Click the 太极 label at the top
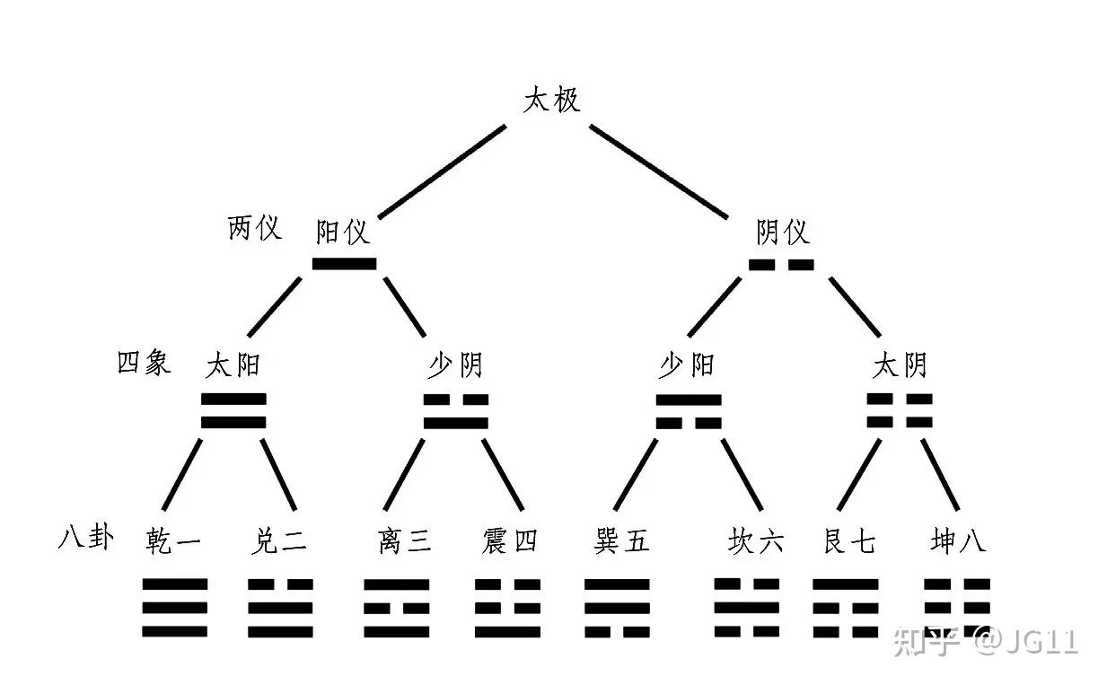[x=551, y=99]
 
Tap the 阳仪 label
[x=343, y=233]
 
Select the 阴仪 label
[x=782, y=233]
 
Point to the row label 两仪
[x=254, y=228]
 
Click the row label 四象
[x=144, y=362]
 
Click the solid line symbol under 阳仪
[x=344, y=264]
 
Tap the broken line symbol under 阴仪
[x=781, y=265]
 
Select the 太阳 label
[x=233, y=365]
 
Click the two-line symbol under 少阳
[x=689, y=411]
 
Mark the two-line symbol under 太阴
[x=900, y=410]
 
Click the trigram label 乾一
[x=173, y=541]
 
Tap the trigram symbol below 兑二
[x=280, y=608]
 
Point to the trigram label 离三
[x=405, y=541]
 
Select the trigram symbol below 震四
[x=507, y=608]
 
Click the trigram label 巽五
[x=621, y=541]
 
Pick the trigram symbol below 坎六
[x=747, y=608]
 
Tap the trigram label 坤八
[x=958, y=541]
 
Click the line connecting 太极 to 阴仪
[x=657, y=171]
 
